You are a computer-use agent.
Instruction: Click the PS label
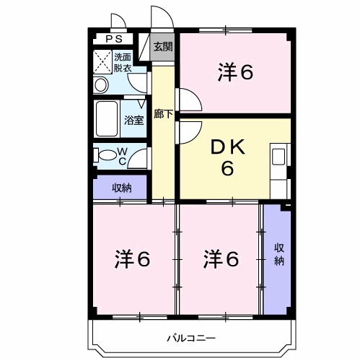[114, 40]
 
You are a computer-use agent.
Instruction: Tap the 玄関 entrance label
[163, 48]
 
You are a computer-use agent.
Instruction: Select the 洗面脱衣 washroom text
[123, 63]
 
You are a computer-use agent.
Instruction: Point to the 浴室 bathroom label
[135, 120]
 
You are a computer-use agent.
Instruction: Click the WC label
[123, 155]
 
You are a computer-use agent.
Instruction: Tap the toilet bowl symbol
[106, 154]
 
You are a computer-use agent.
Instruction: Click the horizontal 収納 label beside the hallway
[121, 188]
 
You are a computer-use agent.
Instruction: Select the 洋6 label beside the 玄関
[237, 72]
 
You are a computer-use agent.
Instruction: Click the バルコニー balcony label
[191, 337]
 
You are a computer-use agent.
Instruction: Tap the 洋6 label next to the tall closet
[220, 258]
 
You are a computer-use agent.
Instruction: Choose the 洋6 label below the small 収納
[132, 258]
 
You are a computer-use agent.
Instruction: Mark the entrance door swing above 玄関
[159, 20]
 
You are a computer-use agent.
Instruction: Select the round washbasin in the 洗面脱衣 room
[100, 85]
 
